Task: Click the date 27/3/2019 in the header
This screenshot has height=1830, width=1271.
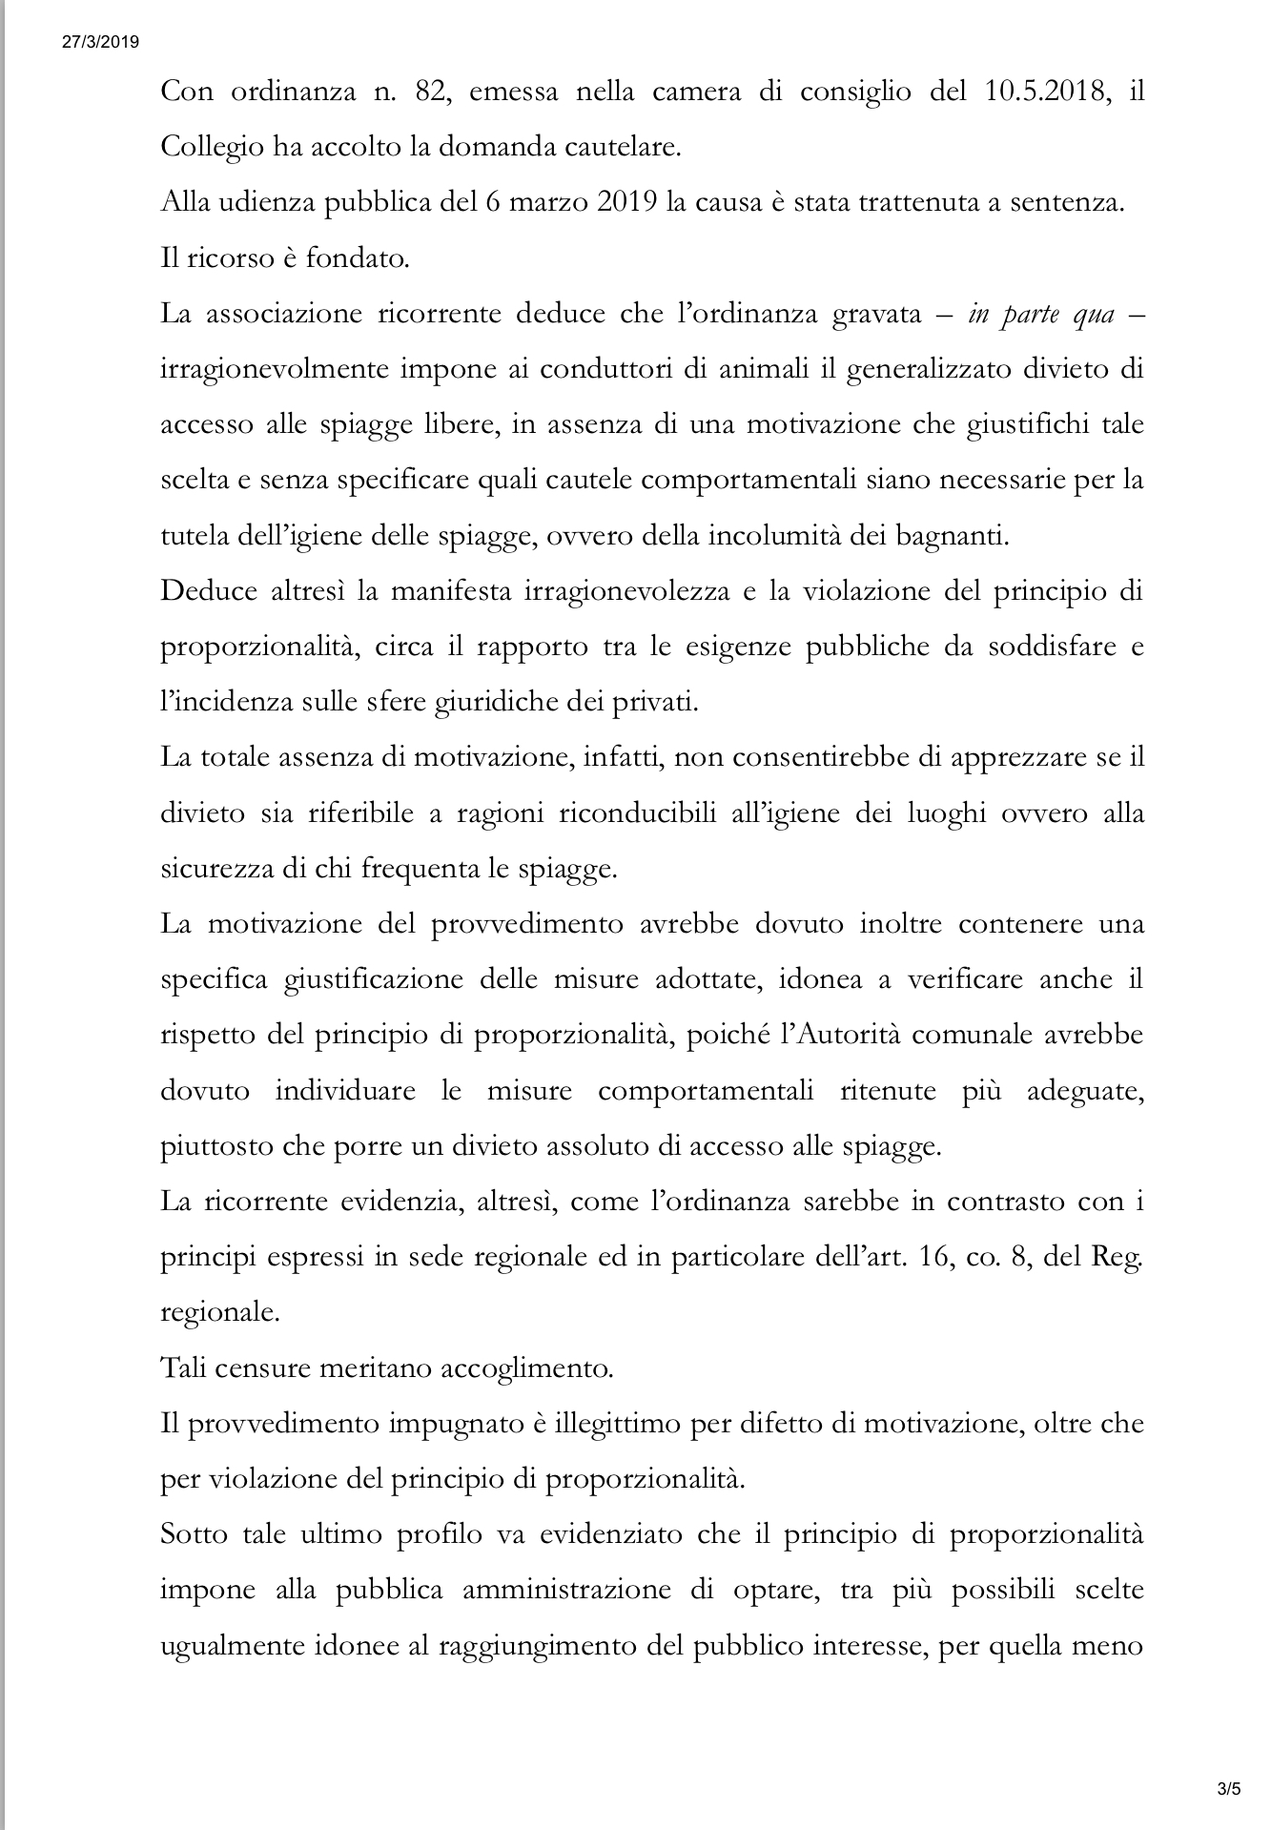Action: click(101, 41)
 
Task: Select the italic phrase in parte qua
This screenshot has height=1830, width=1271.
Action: click(1040, 314)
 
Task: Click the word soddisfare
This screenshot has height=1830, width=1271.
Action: click(1030, 646)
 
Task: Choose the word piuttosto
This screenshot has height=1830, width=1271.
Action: click(215, 1144)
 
